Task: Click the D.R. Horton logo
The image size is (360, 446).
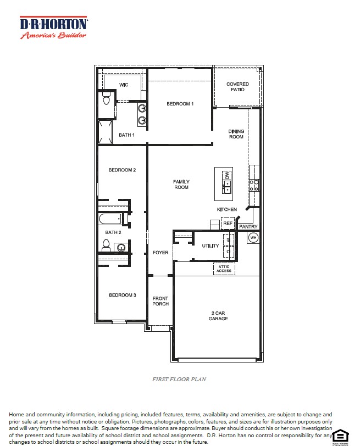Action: tap(53, 27)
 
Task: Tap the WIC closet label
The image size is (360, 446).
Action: tap(124, 85)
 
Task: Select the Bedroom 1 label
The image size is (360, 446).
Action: tap(180, 104)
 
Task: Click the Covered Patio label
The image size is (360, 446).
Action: tap(237, 87)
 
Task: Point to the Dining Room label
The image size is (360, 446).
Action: tap(236, 134)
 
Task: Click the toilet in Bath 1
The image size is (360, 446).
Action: tap(107, 99)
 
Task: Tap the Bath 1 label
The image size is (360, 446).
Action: tap(126, 135)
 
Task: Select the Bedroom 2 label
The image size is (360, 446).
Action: tap(122, 170)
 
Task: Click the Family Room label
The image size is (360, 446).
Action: tap(181, 185)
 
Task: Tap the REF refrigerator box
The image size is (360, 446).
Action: tap(228, 224)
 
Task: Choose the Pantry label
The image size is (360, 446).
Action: tap(248, 226)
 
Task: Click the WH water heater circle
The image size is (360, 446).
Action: tap(253, 237)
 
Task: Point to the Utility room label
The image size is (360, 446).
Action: tap(210, 246)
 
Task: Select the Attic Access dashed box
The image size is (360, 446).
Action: tap(224, 269)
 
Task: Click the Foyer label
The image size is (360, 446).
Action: tap(160, 253)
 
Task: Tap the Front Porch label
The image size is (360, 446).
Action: tap(160, 301)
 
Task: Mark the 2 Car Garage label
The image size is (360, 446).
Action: tap(218, 316)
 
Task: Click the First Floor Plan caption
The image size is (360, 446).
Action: tap(179, 379)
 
